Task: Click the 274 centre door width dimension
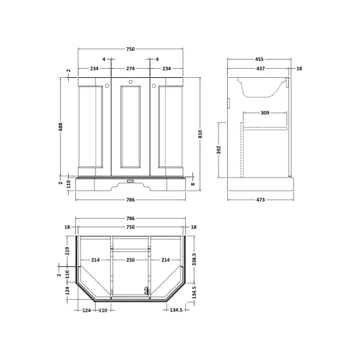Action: tap(130, 69)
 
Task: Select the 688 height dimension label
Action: tap(61, 127)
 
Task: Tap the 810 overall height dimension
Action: tap(200, 134)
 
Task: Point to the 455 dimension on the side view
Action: tap(259, 59)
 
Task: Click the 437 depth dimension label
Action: tap(261, 69)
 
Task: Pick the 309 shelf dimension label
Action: tap(265, 113)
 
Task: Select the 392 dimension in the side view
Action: tap(219, 150)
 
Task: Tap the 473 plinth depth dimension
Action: tap(261, 200)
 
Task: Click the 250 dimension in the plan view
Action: tap(130, 260)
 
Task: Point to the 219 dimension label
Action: tap(67, 251)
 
